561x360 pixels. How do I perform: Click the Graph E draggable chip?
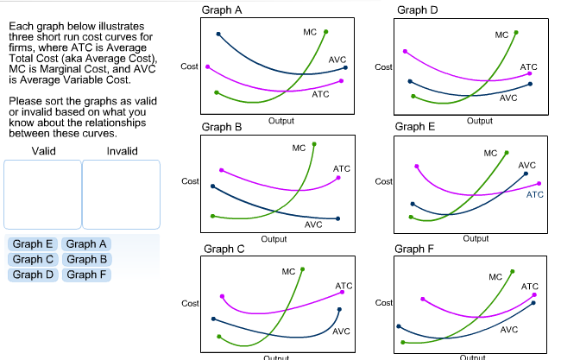pyautogui.click(x=33, y=244)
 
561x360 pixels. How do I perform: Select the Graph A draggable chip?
pyautogui.click(x=86, y=244)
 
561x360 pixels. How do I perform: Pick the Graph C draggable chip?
pyautogui.click(x=33, y=259)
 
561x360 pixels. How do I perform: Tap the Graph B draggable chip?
pyautogui.click(x=86, y=259)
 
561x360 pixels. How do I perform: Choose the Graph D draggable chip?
pyautogui.click(x=33, y=275)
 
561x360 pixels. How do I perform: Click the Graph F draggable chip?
pyautogui.click(x=86, y=275)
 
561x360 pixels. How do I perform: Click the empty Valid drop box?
pyautogui.click(x=42, y=194)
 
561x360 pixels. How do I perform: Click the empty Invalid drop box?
pyautogui.click(x=122, y=194)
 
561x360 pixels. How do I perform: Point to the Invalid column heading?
pyautogui.click(x=122, y=152)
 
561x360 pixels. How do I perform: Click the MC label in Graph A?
pyautogui.click(x=311, y=32)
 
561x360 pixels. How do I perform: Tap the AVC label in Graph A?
pyautogui.click(x=337, y=59)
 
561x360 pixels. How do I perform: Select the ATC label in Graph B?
pyautogui.click(x=342, y=168)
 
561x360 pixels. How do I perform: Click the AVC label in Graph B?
pyautogui.click(x=313, y=224)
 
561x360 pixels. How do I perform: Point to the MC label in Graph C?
pyautogui.click(x=289, y=272)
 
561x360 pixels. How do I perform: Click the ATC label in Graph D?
pyautogui.click(x=528, y=66)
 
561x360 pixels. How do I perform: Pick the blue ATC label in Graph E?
pyautogui.click(x=535, y=195)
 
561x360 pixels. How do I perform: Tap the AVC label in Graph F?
pyautogui.click(x=509, y=330)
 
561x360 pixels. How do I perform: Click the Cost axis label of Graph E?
pyautogui.click(x=384, y=181)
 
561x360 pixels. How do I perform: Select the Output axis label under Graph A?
pyautogui.click(x=281, y=121)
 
